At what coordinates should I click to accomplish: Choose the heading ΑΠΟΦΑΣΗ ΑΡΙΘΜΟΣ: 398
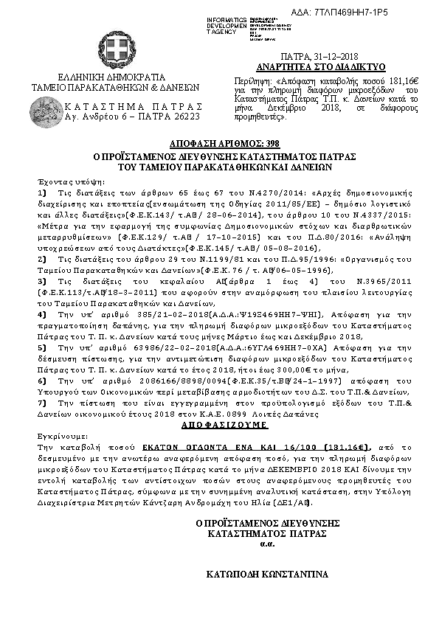tap(219, 142)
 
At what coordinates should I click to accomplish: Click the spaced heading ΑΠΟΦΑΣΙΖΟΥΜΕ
tap(220, 426)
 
